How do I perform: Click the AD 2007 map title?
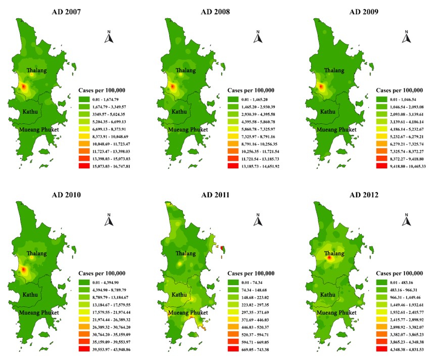click(66, 12)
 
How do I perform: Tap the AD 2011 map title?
click(215, 195)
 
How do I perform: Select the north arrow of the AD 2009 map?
click(407, 37)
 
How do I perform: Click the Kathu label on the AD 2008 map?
click(179, 112)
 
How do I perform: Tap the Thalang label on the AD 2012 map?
click(334, 253)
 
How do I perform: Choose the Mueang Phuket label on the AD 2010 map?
click(39, 312)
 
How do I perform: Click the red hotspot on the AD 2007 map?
click(23, 87)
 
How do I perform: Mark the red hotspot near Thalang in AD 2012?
click(329, 258)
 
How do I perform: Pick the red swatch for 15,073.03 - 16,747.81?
click(84, 166)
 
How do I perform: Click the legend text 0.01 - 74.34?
click(252, 283)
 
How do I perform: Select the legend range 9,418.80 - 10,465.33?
click(408, 166)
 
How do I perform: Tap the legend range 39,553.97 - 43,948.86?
click(111, 349)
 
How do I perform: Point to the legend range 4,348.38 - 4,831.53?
click(407, 349)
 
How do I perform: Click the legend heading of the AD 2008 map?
click(251, 91)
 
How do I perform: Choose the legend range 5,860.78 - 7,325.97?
click(258, 129)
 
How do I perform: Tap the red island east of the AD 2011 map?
click(223, 249)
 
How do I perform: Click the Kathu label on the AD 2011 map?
click(179, 295)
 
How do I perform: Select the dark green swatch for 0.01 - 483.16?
click(381, 283)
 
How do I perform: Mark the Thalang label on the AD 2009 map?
click(334, 70)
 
